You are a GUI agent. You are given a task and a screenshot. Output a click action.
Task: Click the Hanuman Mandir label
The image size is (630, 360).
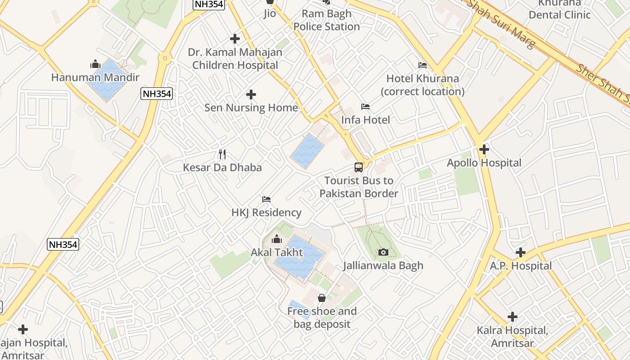(95, 77)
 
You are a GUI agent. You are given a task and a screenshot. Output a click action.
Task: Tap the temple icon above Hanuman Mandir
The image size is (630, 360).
(95, 64)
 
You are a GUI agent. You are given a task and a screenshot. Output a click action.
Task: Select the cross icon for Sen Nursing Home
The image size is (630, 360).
(251, 94)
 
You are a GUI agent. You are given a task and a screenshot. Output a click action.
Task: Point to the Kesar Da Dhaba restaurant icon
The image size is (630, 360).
(222, 154)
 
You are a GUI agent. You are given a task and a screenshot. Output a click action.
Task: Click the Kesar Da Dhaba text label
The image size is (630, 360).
(222, 167)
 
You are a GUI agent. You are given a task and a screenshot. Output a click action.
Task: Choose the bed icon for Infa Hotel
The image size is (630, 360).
(365, 107)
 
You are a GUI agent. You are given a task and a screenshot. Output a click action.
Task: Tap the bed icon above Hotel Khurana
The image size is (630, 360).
(423, 65)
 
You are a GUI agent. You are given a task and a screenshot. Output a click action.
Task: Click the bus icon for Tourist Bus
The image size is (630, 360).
(359, 167)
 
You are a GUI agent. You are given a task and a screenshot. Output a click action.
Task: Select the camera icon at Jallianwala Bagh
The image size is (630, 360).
(383, 252)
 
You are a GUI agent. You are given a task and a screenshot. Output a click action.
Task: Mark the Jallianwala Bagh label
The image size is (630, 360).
(383, 265)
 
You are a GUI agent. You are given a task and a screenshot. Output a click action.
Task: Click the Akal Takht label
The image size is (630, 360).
(277, 252)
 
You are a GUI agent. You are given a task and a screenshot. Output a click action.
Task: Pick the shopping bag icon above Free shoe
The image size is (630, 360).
(322, 298)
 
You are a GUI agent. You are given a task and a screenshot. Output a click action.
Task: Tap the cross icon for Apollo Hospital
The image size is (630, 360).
(484, 149)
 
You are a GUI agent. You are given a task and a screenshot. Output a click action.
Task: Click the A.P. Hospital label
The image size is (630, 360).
(521, 266)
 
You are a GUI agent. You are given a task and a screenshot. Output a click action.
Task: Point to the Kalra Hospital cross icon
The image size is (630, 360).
(513, 317)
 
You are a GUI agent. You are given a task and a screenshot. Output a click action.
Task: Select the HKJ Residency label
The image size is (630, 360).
(266, 212)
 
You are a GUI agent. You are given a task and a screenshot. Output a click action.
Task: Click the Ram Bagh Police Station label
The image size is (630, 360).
(327, 20)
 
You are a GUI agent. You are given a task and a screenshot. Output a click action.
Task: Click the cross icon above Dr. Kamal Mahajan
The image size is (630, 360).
(235, 39)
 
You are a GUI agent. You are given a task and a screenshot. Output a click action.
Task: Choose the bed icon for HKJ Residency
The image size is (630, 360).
(266, 199)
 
